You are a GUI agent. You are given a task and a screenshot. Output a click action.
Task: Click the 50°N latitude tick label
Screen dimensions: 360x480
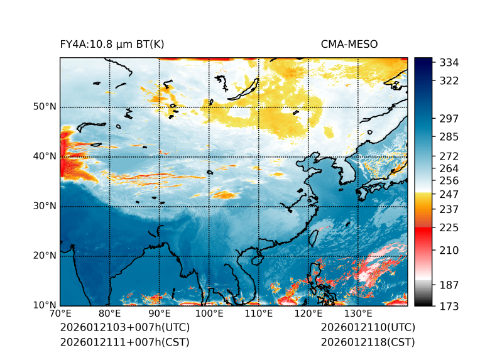45,107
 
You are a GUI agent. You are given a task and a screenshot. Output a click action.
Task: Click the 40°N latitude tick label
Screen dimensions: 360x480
45,156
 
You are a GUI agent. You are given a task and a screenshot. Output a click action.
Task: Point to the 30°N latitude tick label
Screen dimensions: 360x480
45,206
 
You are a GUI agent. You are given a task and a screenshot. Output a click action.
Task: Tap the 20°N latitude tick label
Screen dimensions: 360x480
45,256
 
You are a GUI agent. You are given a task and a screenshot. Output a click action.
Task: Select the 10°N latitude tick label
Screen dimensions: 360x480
45,306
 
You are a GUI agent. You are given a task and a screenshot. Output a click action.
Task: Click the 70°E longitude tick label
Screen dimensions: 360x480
60,314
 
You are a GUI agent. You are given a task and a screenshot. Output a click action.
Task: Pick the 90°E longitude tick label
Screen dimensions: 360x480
160,314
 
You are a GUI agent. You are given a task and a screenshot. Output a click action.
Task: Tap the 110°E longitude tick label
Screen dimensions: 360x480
259,314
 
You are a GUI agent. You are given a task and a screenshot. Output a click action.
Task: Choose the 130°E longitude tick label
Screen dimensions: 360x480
358,314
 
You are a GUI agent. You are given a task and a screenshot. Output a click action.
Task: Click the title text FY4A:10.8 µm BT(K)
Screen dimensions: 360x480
112,44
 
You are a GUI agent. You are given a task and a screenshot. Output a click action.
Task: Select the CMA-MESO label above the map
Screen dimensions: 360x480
349,44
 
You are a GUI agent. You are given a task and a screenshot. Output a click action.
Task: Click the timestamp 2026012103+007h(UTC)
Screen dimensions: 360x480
125,328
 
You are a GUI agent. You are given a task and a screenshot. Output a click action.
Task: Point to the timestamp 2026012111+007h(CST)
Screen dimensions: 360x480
124,342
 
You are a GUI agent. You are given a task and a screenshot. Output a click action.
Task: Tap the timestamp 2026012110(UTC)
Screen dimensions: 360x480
368,328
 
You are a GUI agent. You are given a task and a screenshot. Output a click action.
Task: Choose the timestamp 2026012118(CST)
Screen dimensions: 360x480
368,342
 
